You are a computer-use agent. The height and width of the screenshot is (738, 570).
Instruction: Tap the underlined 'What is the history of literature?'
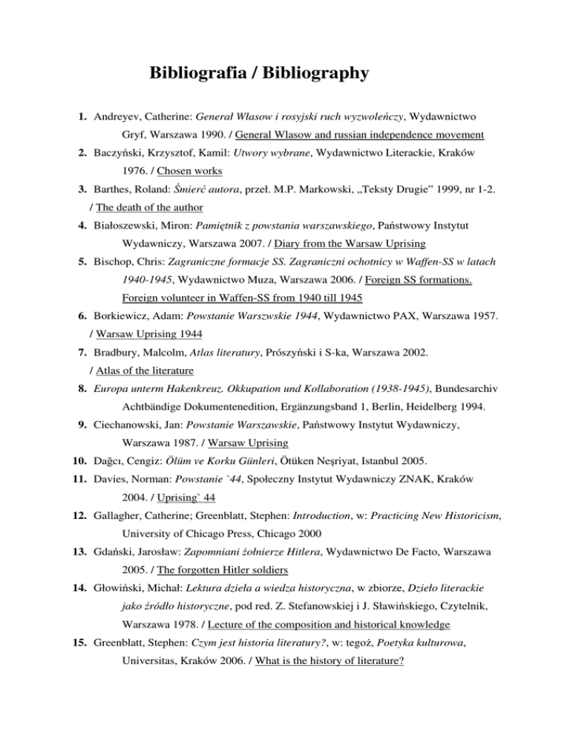click(329, 730)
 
